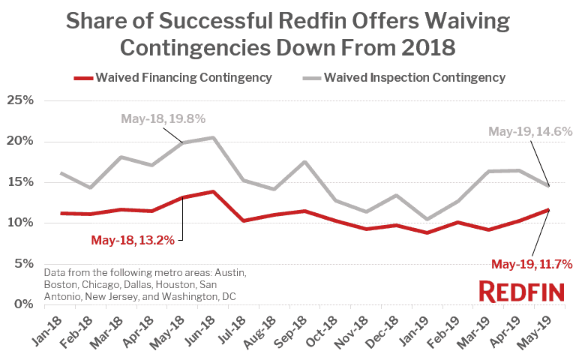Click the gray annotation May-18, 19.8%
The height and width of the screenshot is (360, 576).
163,118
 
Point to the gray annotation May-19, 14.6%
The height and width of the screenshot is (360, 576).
530,131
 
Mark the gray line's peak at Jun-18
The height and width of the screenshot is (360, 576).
214,137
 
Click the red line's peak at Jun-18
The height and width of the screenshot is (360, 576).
214,191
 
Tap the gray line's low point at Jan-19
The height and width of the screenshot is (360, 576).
427,219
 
